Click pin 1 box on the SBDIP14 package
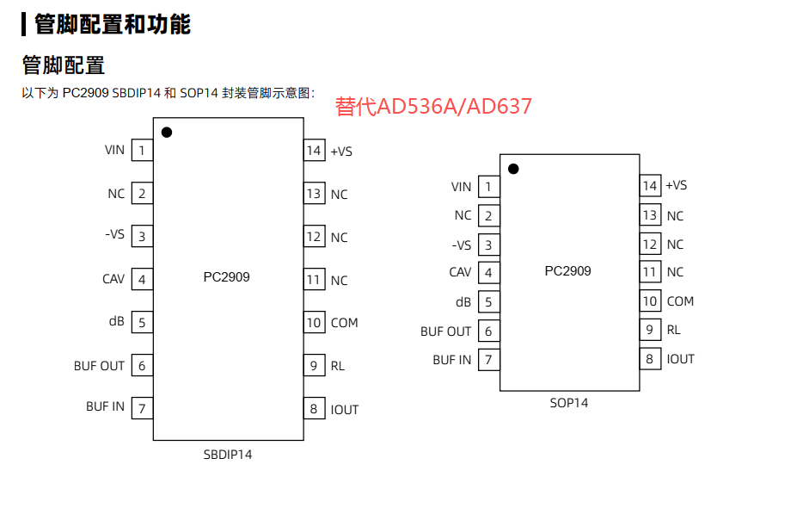coord(142,151)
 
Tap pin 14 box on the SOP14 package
coord(650,185)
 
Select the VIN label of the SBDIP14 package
coord(114,150)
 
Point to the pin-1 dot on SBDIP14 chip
coord(167,132)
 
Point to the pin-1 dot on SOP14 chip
coord(513,169)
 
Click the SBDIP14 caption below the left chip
coord(228,454)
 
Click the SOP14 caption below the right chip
coord(569,402)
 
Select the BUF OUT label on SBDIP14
coord(99,366)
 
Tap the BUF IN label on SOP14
coord(451,360)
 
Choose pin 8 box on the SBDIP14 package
coord(314,409)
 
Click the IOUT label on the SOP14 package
coord(680,359)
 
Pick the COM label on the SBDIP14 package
coord(344,323)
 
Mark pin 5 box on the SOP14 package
coord(488,302)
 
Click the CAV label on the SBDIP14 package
coord(113,279)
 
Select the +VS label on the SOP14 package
coord(676,185)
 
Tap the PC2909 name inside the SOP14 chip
coord(567,270)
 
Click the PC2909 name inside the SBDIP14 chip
coord(226,277)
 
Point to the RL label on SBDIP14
coord(338,366)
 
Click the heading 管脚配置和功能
coord(112,24)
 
